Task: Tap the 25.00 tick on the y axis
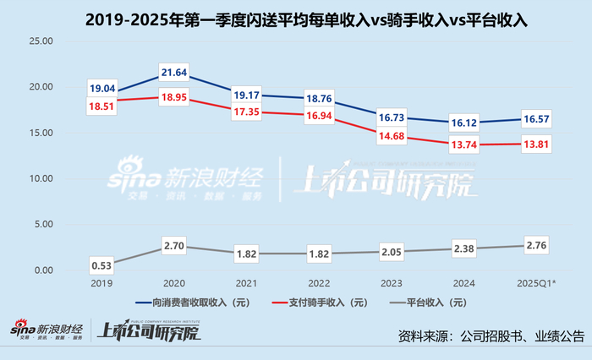41,41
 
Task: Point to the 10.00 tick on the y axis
41,178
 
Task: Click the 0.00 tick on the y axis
43,270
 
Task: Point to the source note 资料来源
491,335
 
